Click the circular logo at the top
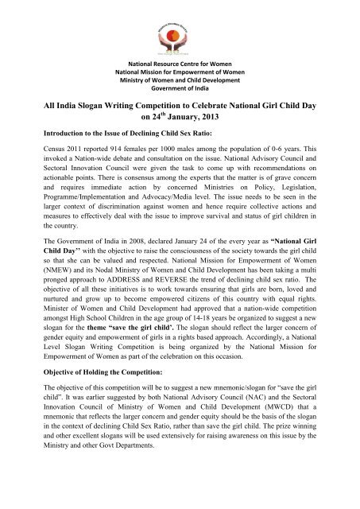(x=180, y=27)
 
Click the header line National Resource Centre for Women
(x=180, y=63)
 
